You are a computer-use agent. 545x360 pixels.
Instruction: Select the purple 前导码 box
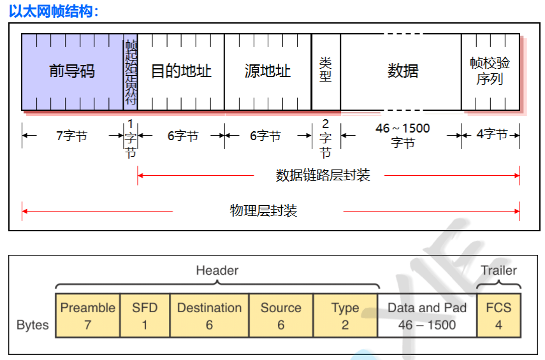tap(72, 71)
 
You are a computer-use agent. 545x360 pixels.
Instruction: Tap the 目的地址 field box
tap(180, 71)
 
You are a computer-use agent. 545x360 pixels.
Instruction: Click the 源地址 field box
tap(268, 71)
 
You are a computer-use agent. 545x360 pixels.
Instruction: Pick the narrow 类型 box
tap(326, 71)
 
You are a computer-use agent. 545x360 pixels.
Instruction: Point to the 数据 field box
tap(402, 71)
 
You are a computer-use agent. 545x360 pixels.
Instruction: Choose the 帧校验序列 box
tap(490, 71)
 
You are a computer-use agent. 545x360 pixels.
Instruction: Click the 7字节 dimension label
tap(71, 135)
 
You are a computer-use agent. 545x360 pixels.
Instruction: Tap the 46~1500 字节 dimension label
tap(402, 135)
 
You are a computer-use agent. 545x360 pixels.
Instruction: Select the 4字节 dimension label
tap(491, 134)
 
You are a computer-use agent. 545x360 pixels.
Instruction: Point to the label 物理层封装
tap(263, 211)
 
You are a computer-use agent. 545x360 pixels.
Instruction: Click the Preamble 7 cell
tap(87, 315)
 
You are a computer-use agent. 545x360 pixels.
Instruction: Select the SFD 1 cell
tap(144, 315)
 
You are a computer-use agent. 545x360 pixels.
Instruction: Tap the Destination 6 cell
tap(209, 315)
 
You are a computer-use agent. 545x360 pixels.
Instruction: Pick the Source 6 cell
tap(280, 315)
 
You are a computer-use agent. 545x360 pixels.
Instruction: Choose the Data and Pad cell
tap(427, 315)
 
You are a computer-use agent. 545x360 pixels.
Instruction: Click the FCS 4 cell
tap(498, 315)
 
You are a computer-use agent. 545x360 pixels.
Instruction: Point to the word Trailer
tap(498, 270)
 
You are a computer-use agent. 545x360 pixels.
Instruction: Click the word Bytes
tap(33, 325)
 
